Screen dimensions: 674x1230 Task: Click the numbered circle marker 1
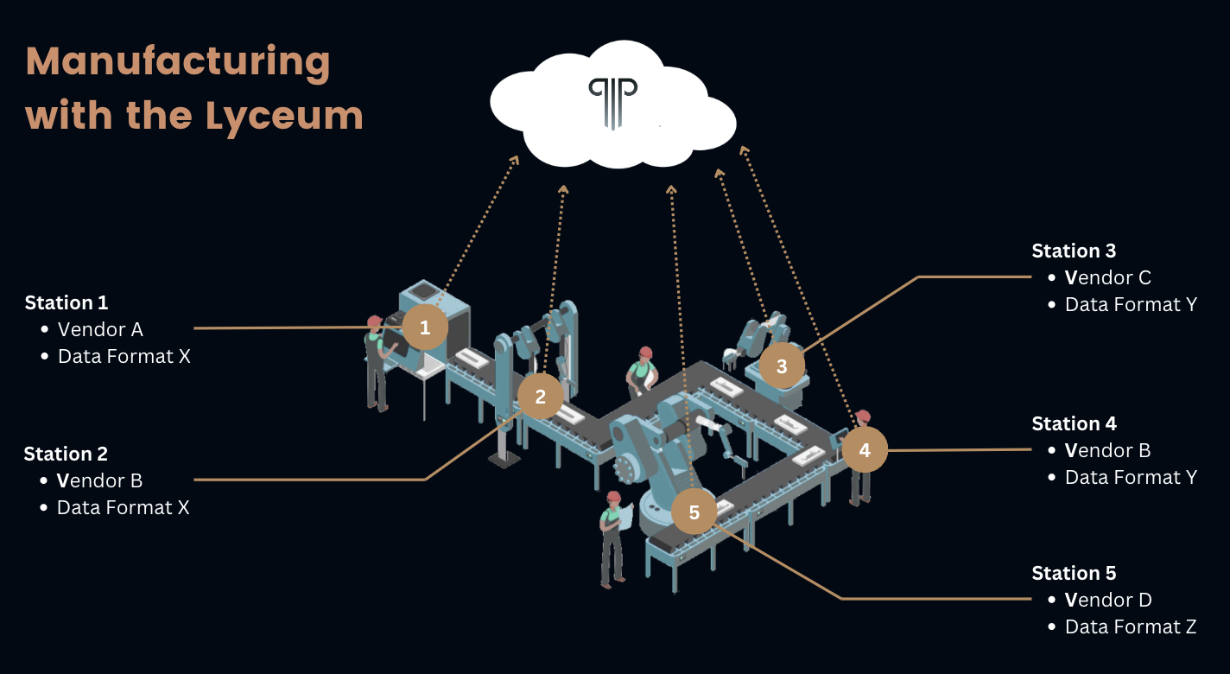click(424, 327)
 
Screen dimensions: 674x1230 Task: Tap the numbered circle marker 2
click(541, 397)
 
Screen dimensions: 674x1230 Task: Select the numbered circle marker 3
click(782, 366)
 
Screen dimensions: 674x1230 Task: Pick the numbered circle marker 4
click(865, 449)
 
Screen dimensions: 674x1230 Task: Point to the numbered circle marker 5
click(694, 512)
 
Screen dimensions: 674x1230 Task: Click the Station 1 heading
click(67, 302)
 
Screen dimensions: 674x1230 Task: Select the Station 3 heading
click(1074, 251)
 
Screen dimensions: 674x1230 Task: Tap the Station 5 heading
click(1074, 573)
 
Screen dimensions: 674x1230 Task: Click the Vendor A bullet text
click(100, 329)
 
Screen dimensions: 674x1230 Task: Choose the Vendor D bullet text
click(1108, 600)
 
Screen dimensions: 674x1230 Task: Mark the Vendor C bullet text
click(1108, 277)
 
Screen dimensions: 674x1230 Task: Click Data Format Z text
click(1130, 626)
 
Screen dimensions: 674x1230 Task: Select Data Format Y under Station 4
click(1130, 477)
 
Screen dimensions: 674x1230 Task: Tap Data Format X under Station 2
click(123, 507)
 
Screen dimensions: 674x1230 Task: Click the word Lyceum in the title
click(284, 115)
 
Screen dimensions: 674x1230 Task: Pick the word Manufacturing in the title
click(178, 62)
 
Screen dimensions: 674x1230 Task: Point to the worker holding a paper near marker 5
click(612, 540)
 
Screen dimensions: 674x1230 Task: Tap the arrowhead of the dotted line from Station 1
click(516, 159)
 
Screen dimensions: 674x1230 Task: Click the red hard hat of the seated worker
click(644, 353)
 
